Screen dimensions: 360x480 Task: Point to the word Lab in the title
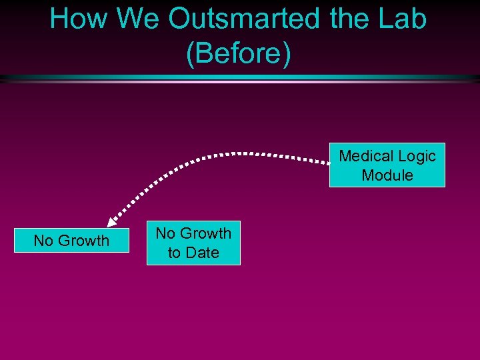(x=403, y=19)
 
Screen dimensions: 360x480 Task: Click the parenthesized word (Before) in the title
(x=239, y=55)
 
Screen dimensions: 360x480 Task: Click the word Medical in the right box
(x=363, y=156)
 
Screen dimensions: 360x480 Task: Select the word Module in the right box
(x=387, y=175)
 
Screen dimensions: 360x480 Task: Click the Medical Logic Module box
(x=387, y=165)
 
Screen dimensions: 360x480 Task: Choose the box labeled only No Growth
(x=71, y=241)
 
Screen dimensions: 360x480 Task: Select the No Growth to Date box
(x=193, y=243)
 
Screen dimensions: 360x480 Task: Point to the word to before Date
(x=174, y=253)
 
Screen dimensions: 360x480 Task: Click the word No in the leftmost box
(x=43, y=241)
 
